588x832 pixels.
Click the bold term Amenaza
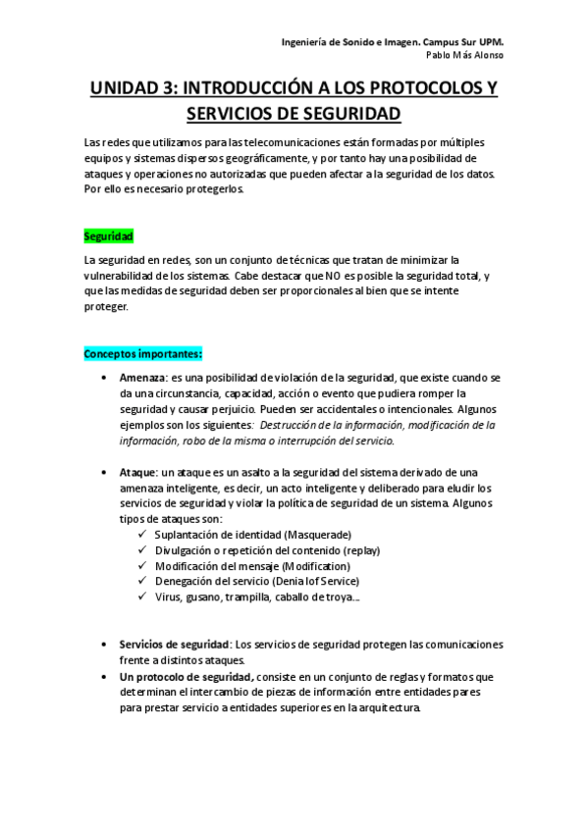142,378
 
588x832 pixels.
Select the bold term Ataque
138,472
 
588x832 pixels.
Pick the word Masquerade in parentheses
318,535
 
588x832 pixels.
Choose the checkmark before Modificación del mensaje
144,566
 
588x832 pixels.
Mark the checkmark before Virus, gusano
144,598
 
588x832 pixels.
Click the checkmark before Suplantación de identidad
144,535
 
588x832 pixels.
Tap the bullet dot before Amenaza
105,378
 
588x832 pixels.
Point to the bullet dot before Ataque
105,472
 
